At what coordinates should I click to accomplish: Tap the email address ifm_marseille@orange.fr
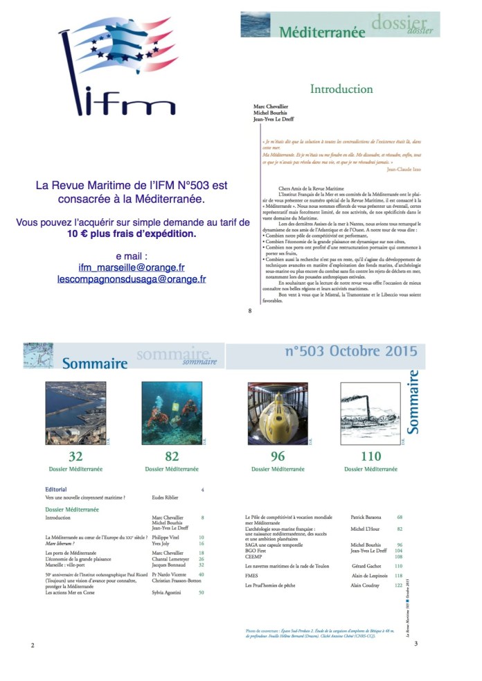pos(131,266)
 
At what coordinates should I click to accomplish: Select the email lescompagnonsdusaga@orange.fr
pos(131,278)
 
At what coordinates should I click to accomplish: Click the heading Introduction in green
pos(341,89)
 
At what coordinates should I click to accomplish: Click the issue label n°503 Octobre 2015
pos(351,353)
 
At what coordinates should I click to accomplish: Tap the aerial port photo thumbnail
pos(75,412)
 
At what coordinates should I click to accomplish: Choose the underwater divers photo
pos(172,412)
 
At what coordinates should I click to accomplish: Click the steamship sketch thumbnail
pos(371,412)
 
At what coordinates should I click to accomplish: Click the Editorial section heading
pos(56,490)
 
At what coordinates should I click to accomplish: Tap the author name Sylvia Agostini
pos(169,593)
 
